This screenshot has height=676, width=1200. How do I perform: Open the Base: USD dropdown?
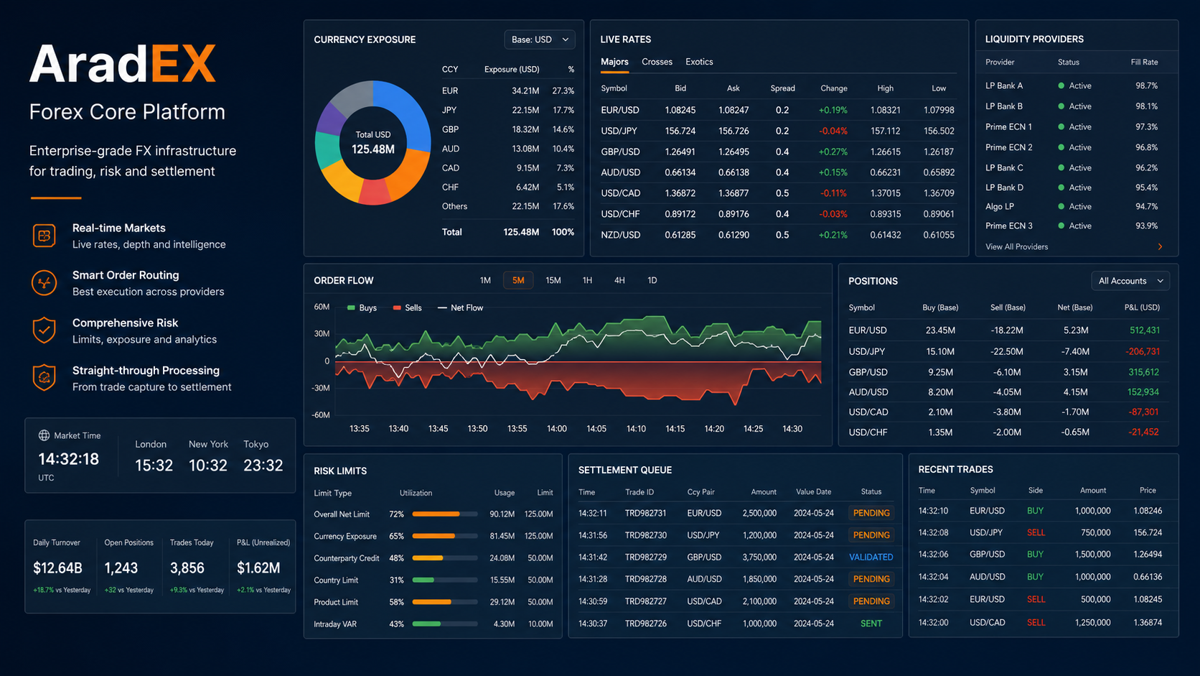540,40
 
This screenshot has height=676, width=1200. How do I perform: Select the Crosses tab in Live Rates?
657,62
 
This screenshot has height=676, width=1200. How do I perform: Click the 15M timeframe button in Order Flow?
553,280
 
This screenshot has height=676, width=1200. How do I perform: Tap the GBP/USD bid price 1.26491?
680,152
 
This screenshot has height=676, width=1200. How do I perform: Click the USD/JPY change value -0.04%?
833,131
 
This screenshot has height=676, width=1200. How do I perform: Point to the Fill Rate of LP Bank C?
1146,168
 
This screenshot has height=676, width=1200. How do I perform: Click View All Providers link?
1017,246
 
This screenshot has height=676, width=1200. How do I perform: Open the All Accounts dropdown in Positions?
1130,281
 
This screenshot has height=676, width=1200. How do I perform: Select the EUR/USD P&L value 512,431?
1144,330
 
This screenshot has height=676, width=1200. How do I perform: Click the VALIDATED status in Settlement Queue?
871,557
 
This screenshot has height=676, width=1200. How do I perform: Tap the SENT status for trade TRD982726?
871,624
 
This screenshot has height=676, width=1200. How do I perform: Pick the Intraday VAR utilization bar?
445,624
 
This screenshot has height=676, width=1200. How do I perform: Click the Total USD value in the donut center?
373,149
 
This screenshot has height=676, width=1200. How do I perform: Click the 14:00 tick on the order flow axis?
557,429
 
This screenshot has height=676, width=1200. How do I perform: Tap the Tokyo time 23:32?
263,466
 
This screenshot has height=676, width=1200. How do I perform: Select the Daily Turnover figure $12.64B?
58,568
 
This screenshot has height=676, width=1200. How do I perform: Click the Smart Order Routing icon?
44,282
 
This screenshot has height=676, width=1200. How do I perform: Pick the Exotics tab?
699,62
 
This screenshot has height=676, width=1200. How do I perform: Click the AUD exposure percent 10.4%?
563,149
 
